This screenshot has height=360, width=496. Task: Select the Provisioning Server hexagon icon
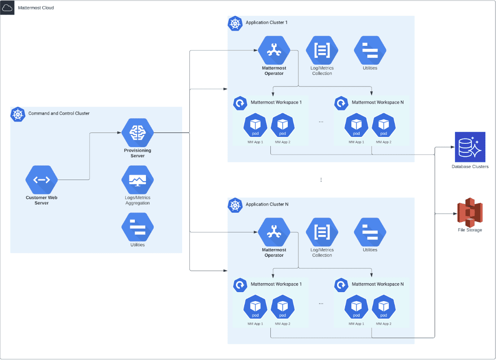[x=137, y=132]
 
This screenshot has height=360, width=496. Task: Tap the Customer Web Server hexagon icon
[x=41, y=180]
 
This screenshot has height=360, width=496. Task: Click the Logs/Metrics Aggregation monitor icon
[x=137, y=180]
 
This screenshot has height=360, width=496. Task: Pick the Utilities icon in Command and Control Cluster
[x=137, y=227]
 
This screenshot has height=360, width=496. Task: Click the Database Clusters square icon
[x=470, y=147]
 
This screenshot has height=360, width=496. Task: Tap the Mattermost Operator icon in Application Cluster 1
[x=274, y=50]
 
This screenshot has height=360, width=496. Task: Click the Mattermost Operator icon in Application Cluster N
[x=274, y=232]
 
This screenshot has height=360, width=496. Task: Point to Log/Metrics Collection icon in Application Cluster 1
[x=322, y=50]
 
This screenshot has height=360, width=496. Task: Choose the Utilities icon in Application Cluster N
[x=370, y=232]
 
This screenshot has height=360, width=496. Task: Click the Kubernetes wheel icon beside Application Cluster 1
[x=235, y=23]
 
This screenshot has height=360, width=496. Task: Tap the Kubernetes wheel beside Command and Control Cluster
[x=17, y=114]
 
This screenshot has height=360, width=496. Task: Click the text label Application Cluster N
[x=267, y=204]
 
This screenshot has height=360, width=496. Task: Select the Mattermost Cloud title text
[x=36, y=8]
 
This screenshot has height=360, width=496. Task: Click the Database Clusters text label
[x=470, y=167]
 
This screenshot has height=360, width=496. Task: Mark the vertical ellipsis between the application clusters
[x=321, y=180]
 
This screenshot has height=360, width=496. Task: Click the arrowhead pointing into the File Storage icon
[x=456, y=214]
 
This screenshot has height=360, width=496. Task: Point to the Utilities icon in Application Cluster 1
[x=370, y=50]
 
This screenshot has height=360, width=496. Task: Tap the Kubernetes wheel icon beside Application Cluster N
[x=235, y=205]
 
